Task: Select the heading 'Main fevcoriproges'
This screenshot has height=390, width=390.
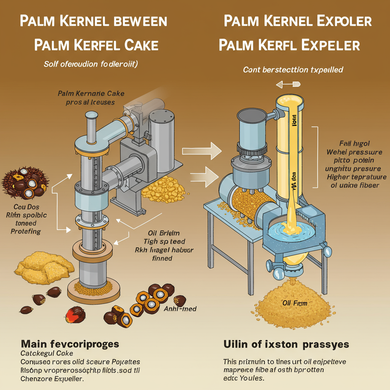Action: [x=70, y=344]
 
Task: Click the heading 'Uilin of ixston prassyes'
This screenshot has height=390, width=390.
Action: [x=286, y=344]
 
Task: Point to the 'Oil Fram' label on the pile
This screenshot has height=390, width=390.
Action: [x=294, y=303]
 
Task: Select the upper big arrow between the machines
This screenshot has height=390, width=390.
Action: [x=202, y=151]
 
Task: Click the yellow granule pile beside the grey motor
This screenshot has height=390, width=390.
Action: [x=163, y=188]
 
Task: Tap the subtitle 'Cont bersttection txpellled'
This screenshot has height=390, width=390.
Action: [x=293, y=70]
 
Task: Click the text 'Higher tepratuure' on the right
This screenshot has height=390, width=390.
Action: [x=351, y=177]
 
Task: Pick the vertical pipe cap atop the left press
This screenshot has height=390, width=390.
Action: [x=91, y=115]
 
